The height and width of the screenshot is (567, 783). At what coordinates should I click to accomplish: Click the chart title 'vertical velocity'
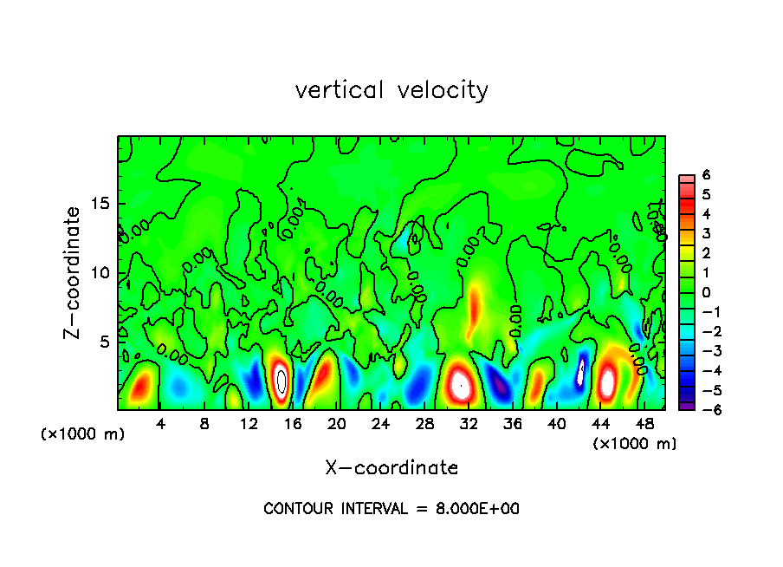click(x=391, y=90)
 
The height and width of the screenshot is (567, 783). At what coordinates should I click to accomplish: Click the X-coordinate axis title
click(x=391, y=468)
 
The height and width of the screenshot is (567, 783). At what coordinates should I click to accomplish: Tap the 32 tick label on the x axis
click(x=469, y=424)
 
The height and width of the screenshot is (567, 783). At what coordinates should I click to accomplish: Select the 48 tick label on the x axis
click(x=645, y=424)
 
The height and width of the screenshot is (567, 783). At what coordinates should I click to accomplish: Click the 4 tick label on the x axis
click(x=160, y=424)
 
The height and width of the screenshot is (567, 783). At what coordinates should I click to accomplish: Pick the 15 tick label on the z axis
click(x=102, y=205)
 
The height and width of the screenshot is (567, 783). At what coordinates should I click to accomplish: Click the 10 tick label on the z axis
click(x=102, y=273)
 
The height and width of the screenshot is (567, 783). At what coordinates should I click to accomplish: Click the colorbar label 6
click(x=706, y=174)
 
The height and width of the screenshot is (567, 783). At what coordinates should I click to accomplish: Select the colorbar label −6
click(x=702, y=410)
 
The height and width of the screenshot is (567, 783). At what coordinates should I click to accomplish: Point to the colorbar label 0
click(x=706, y=292)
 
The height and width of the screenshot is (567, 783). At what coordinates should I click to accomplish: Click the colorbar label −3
click(x=702, y=351)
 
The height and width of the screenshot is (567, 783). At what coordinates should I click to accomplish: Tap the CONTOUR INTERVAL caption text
click(x=391, y=509)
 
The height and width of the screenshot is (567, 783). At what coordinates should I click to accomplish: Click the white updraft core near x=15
click(x=281, y=380)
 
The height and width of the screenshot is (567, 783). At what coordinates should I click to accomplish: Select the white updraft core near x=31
click(x=461, y=382)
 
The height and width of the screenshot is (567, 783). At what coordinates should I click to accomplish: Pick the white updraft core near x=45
click(x=608, y=381)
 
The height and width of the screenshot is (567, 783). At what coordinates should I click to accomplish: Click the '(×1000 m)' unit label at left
click(x=83, y=434)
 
